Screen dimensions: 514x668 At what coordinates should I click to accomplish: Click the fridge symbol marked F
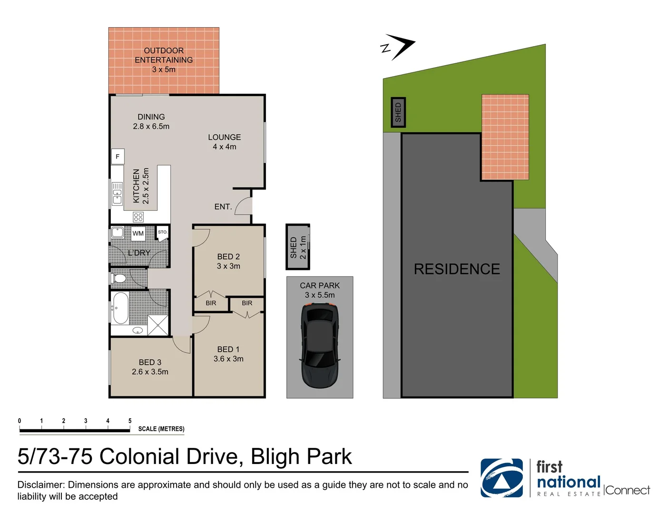coord(118,157)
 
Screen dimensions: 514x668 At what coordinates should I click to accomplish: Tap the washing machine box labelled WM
coord(138,233)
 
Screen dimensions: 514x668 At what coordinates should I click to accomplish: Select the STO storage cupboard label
coord(162,232)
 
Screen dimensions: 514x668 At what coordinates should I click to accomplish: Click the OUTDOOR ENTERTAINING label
coord(164,55)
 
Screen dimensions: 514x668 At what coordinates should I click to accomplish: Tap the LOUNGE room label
coord(224,137)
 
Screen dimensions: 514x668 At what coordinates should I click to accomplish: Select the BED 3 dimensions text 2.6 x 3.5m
coord(150,372)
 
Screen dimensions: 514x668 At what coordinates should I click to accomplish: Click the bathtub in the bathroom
coord(120,307)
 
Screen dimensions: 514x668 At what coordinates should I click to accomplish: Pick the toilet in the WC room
coord(118,278)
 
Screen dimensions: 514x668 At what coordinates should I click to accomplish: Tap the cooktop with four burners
coord(138,217)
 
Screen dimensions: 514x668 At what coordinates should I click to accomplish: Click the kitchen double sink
coord(117,194)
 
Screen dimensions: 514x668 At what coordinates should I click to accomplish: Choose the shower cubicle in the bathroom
coord(158,326)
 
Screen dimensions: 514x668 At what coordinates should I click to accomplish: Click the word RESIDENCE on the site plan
coord(457,269)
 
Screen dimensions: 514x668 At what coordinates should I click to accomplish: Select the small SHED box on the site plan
coord(398,112)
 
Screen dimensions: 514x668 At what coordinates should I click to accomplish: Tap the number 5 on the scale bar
coord(130,421)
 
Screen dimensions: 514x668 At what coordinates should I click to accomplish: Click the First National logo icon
coord(501,478)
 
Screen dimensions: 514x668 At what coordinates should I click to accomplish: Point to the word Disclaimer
coord(41,485)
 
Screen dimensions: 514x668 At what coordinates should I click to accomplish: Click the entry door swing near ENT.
coord(244,206)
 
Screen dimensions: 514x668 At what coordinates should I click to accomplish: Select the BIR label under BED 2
coord(211,303)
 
